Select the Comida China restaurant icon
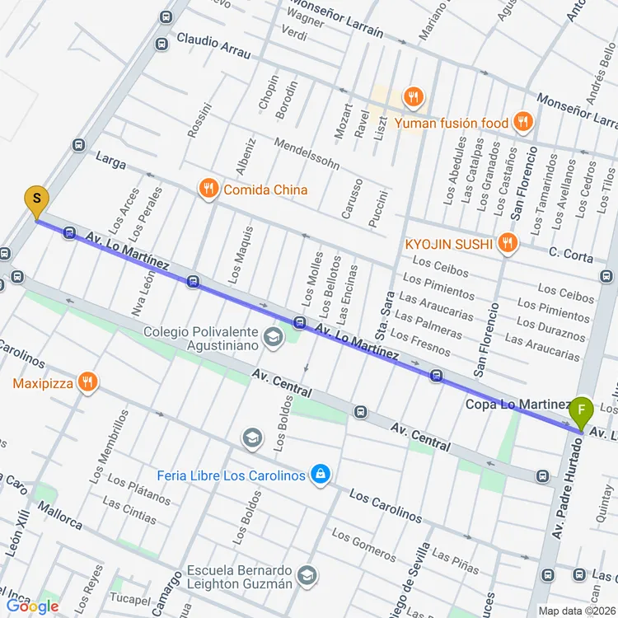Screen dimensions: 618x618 click(208, 190)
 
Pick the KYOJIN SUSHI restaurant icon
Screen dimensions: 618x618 click(508, 243)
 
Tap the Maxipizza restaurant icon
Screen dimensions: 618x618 click(87, 382)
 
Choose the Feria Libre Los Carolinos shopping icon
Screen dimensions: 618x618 click(321, 475)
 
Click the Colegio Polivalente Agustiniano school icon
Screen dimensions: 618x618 click(271, 337)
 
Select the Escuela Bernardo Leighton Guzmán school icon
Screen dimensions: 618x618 click(307, 576)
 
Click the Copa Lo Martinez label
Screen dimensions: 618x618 click(517, 404)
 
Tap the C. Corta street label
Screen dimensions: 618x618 click(571, 256)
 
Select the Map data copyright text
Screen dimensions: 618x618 click(581, 610)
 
